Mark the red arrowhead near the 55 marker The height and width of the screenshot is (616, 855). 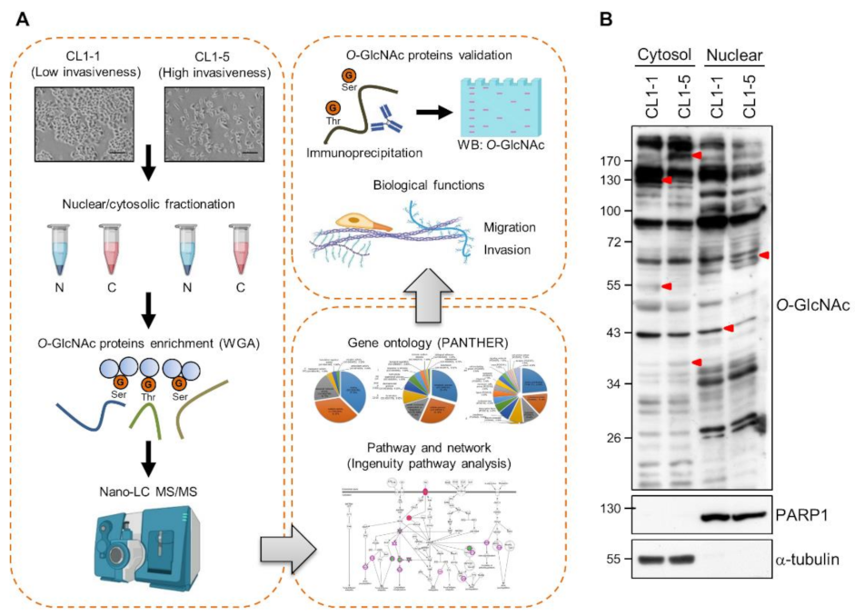[666, 287]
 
